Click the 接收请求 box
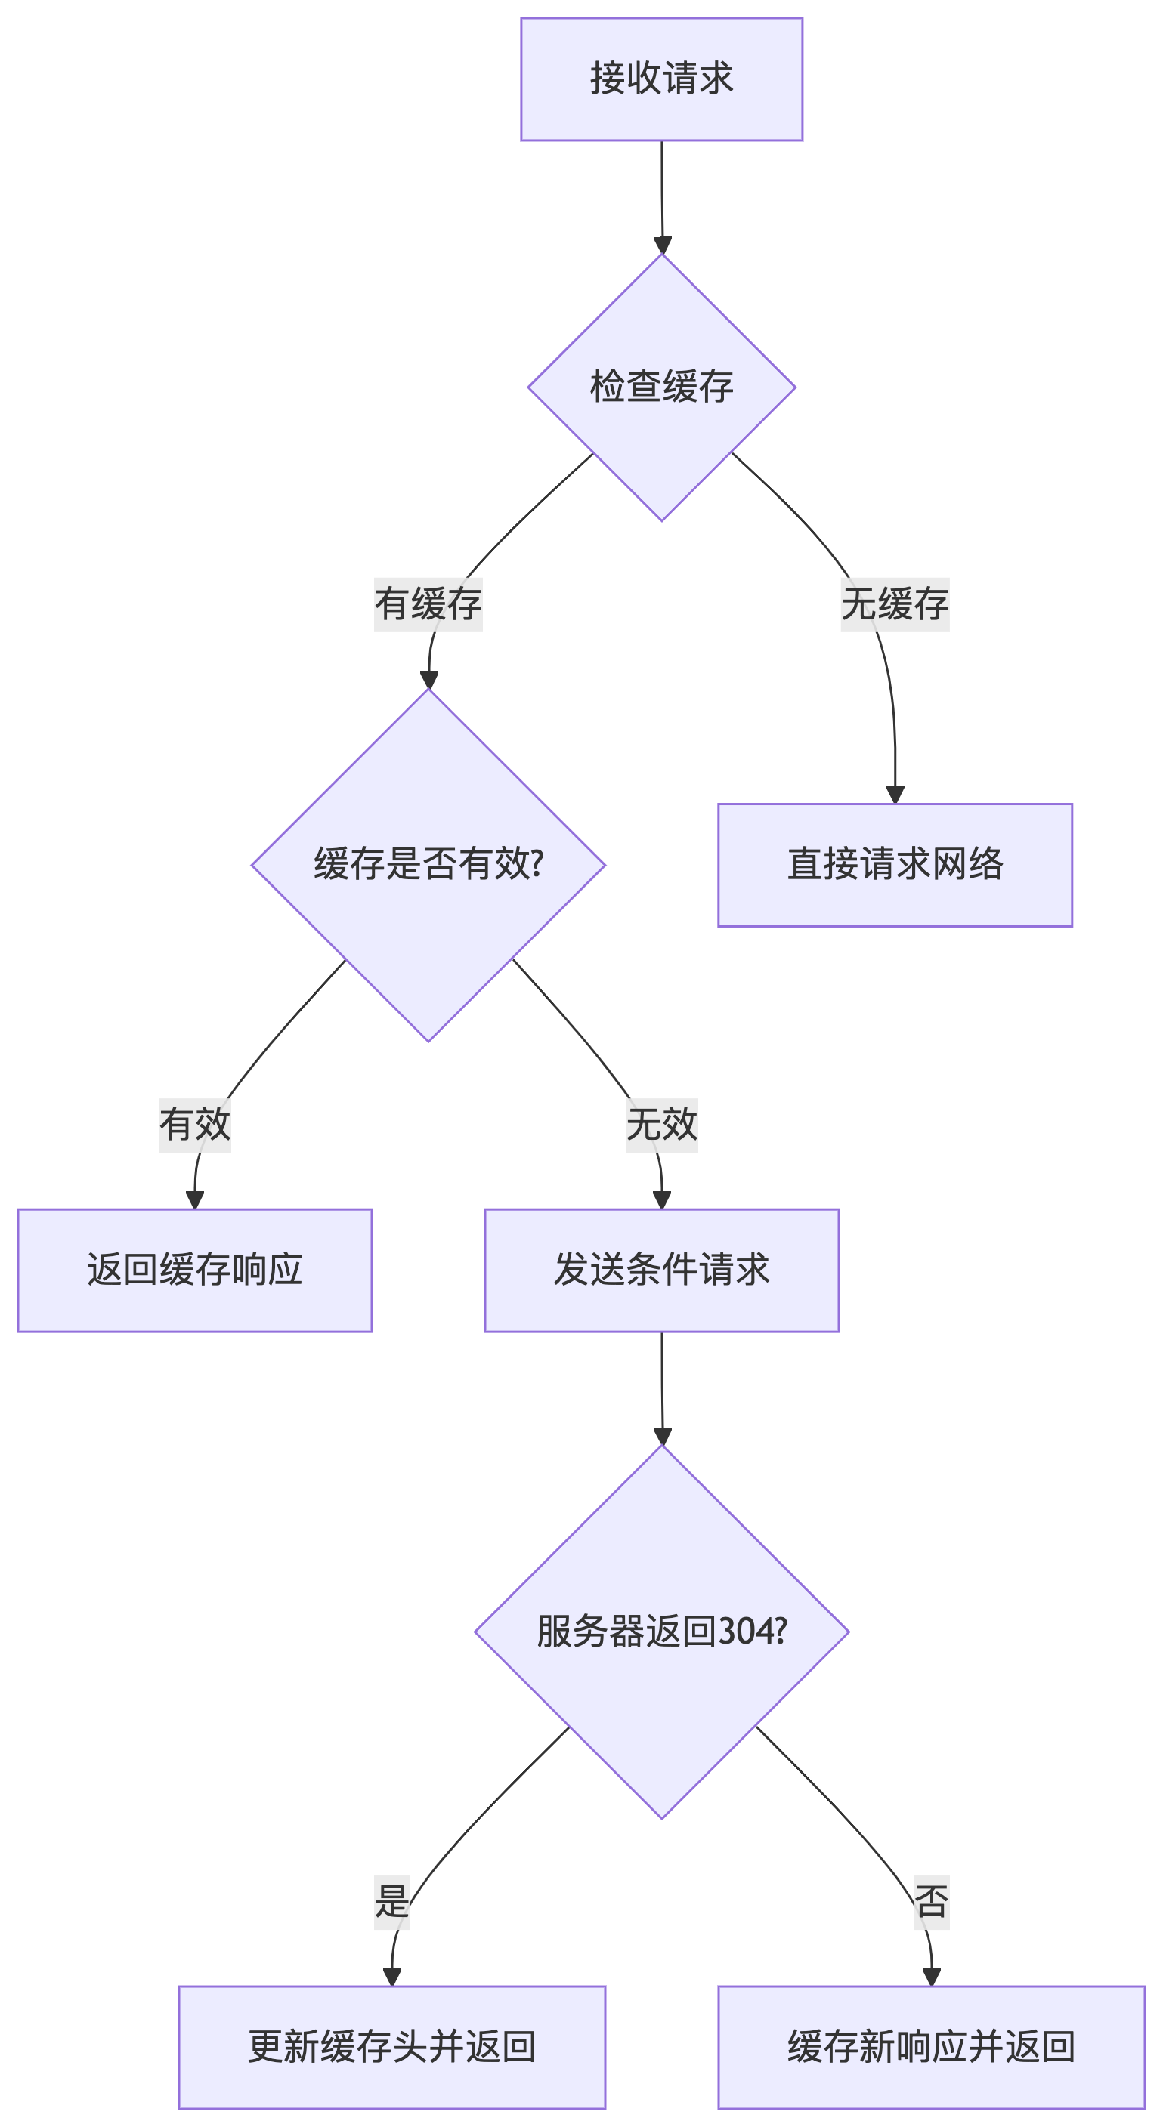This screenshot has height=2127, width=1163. tap(660, 79)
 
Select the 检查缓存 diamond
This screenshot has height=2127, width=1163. tap(660, 387)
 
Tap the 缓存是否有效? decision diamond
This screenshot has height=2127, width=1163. tap(428, 865)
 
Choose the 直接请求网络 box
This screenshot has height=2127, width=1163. tap(895, 865)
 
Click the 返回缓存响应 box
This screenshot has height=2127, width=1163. tap(195, 1270)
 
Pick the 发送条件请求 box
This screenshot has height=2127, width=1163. tap(660, 1270)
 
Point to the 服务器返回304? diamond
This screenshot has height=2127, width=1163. tap(660, 1631)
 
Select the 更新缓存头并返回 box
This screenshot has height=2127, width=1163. tap(391, 2047)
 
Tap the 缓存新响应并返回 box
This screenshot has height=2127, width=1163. tap(931, 2047)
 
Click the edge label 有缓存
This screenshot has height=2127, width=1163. tap(428, 604)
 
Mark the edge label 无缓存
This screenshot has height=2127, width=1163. tap(895, 604)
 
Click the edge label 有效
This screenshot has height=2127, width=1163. tap(195, 1125)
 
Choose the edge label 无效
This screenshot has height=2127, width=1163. tap(660, 1125)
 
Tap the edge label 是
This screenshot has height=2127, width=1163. tap(391, 1902)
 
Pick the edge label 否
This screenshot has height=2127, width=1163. tap(931, 1902)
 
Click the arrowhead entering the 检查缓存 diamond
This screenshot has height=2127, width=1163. tap(662, 245)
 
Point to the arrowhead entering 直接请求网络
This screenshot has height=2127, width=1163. tap(895, 795)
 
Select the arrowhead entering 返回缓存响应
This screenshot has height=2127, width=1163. tap(195, 1199)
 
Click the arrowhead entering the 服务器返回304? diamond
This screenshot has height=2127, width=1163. tap(662, 1436)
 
